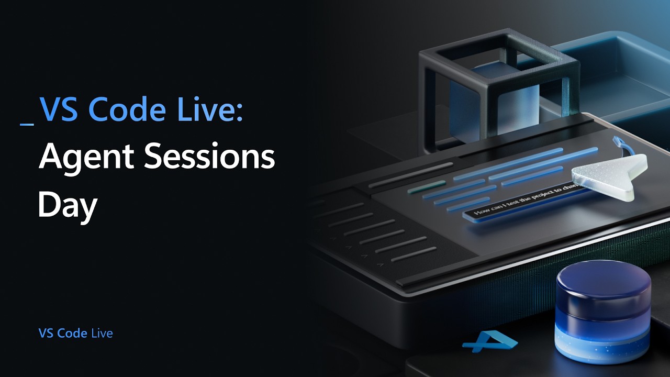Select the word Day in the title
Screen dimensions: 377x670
click(68, 205)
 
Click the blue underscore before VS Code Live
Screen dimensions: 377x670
click(27, 124)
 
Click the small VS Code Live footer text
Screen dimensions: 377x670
click(75, 333)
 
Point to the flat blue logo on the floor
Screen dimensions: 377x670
click(489, 341)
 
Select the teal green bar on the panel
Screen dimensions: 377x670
click(426, 186)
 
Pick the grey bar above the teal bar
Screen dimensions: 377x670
click(410, 174)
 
